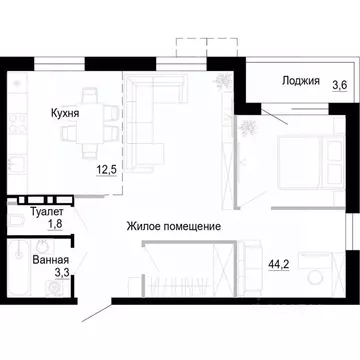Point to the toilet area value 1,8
click(55, 226)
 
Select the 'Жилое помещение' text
click(173, 227)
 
